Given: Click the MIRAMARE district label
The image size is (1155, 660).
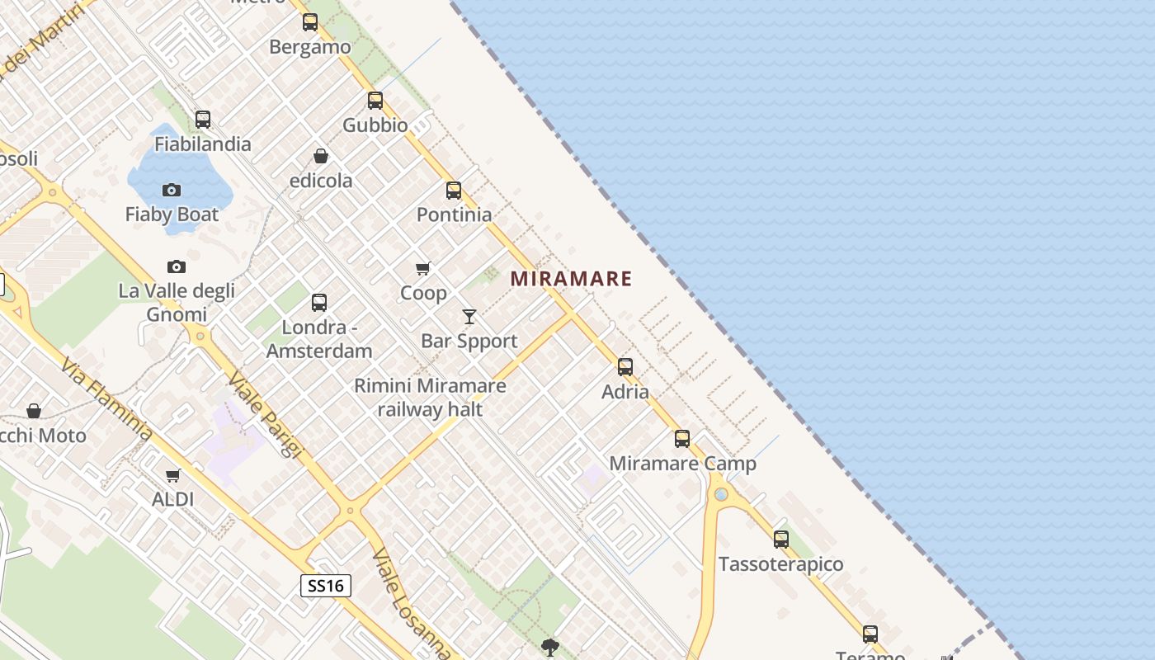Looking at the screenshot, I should point(571,279).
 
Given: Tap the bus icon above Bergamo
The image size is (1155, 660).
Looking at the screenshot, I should point(310,22).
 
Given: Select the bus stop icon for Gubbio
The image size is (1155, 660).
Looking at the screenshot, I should point(375,101).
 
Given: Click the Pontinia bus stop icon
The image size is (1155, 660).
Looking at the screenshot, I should point(454,191).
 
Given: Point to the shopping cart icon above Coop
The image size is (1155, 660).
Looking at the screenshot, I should point(423,269).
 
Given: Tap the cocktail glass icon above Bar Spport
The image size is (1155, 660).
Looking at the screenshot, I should point(469,317).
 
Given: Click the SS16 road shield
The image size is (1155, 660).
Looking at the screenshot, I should point(325,586).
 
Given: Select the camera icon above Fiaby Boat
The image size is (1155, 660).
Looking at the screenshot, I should point(172,191).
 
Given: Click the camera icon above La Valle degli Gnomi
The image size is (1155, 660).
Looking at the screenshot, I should point(177,266).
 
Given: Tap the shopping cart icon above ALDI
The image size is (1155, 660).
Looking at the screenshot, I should point(173,475).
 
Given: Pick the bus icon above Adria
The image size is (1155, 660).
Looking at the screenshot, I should point(625,367).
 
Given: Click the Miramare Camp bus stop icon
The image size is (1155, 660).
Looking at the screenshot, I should point(682,439).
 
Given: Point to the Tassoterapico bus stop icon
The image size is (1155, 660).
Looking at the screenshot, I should point(781,540).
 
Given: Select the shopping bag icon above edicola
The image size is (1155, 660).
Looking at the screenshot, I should point(321,156).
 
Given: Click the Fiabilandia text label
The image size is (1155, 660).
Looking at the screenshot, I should point(203,144).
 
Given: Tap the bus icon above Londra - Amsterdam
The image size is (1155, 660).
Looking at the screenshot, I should point(319,303).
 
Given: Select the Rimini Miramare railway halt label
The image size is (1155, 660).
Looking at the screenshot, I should point(430,397).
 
